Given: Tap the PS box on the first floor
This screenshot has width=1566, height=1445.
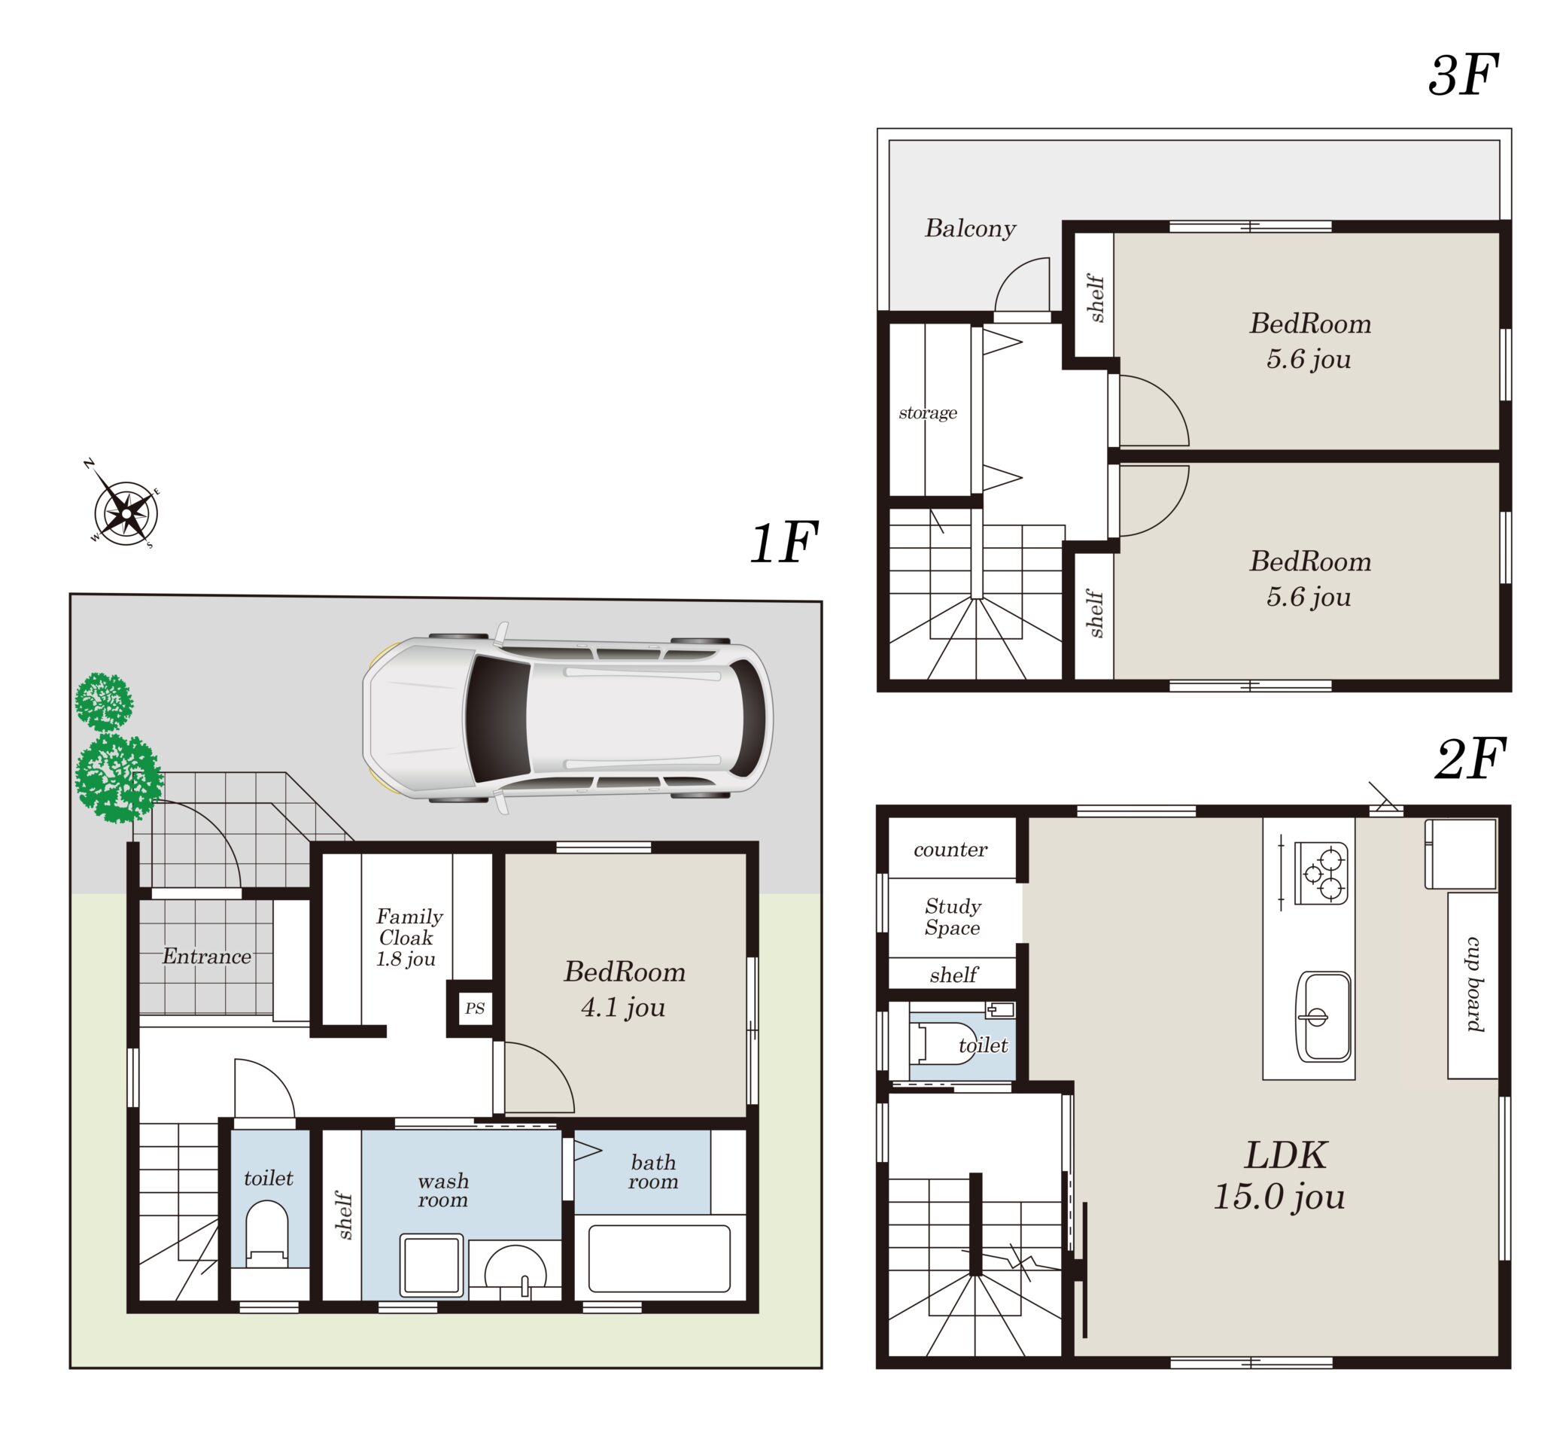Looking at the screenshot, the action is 475,1007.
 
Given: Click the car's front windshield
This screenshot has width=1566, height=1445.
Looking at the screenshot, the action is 497,718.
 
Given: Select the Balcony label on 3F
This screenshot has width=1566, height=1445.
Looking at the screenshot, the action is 969,227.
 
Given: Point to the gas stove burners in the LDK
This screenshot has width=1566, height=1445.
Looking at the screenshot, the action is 1321,872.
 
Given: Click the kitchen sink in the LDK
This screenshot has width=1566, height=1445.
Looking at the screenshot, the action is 1323,1017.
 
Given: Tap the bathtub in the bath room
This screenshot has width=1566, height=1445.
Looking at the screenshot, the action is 658,1258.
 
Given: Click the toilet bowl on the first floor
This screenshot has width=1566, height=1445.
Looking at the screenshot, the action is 266,1233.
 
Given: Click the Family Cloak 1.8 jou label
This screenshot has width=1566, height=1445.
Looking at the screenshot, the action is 408,937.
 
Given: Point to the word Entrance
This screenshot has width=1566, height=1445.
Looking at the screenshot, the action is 206,956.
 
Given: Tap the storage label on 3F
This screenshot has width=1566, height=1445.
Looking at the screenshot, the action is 927,412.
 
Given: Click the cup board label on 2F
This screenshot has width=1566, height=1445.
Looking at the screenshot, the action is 1473,984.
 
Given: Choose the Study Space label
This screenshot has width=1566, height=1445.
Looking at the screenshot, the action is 952,917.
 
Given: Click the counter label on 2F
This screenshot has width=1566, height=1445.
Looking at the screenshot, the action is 950,849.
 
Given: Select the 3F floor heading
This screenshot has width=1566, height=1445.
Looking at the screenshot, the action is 1462,75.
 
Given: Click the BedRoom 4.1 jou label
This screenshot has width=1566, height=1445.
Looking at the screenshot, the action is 624,988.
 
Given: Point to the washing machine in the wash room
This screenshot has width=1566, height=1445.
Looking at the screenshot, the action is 430,1265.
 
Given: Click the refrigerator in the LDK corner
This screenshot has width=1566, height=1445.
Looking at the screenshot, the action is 1460,854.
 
